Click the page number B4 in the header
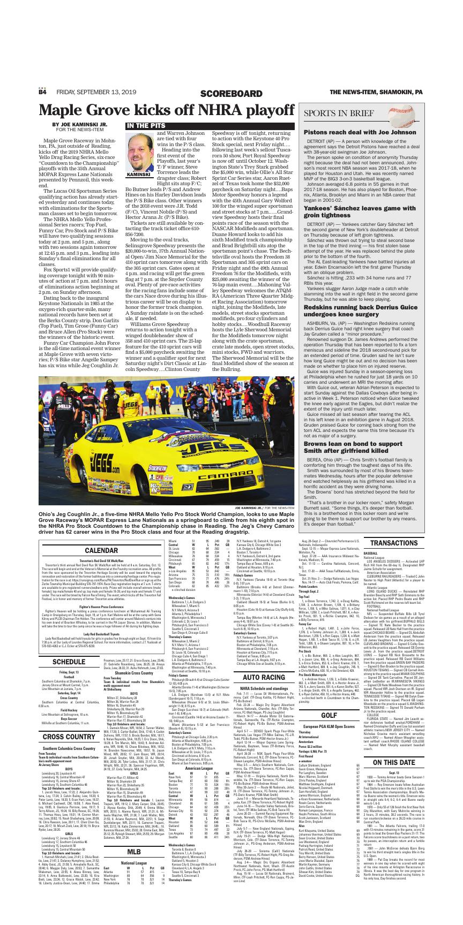(42, 93)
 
